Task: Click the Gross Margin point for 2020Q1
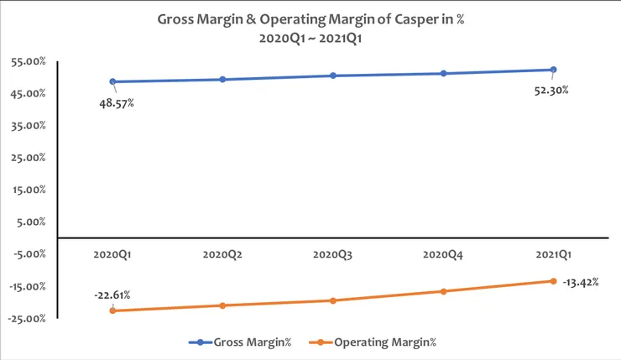112,81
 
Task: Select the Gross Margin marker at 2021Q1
553,70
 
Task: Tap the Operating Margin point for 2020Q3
333,300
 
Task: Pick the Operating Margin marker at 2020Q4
443,291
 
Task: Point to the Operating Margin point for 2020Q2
222,305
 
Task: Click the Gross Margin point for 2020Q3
333,76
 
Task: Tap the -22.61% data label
112,295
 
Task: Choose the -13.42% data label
581,282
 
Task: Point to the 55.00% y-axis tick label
29,61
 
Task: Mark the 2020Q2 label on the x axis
222,253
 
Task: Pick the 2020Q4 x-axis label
443,253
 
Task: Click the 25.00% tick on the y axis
29,158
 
